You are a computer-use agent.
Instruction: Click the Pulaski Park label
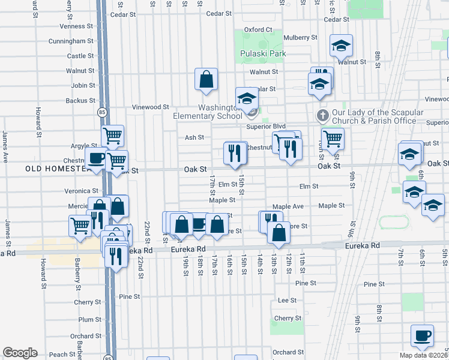click(262, 53)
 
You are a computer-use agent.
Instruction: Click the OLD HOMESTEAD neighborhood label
click(57, 170)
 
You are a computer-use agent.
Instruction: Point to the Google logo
click(20, 352)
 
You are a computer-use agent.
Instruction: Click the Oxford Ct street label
click(258, 29)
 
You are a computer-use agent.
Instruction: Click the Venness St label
click(76, 26)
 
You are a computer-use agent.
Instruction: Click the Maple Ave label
click(288, 206)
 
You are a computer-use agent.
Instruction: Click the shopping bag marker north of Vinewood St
click(206, 79)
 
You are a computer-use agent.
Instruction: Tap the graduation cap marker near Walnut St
click(341, 45)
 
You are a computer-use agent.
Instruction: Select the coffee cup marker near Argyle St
click(95, 159)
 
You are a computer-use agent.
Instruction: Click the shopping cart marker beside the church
click(333, 139)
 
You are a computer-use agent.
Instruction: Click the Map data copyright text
click(424, 355)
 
